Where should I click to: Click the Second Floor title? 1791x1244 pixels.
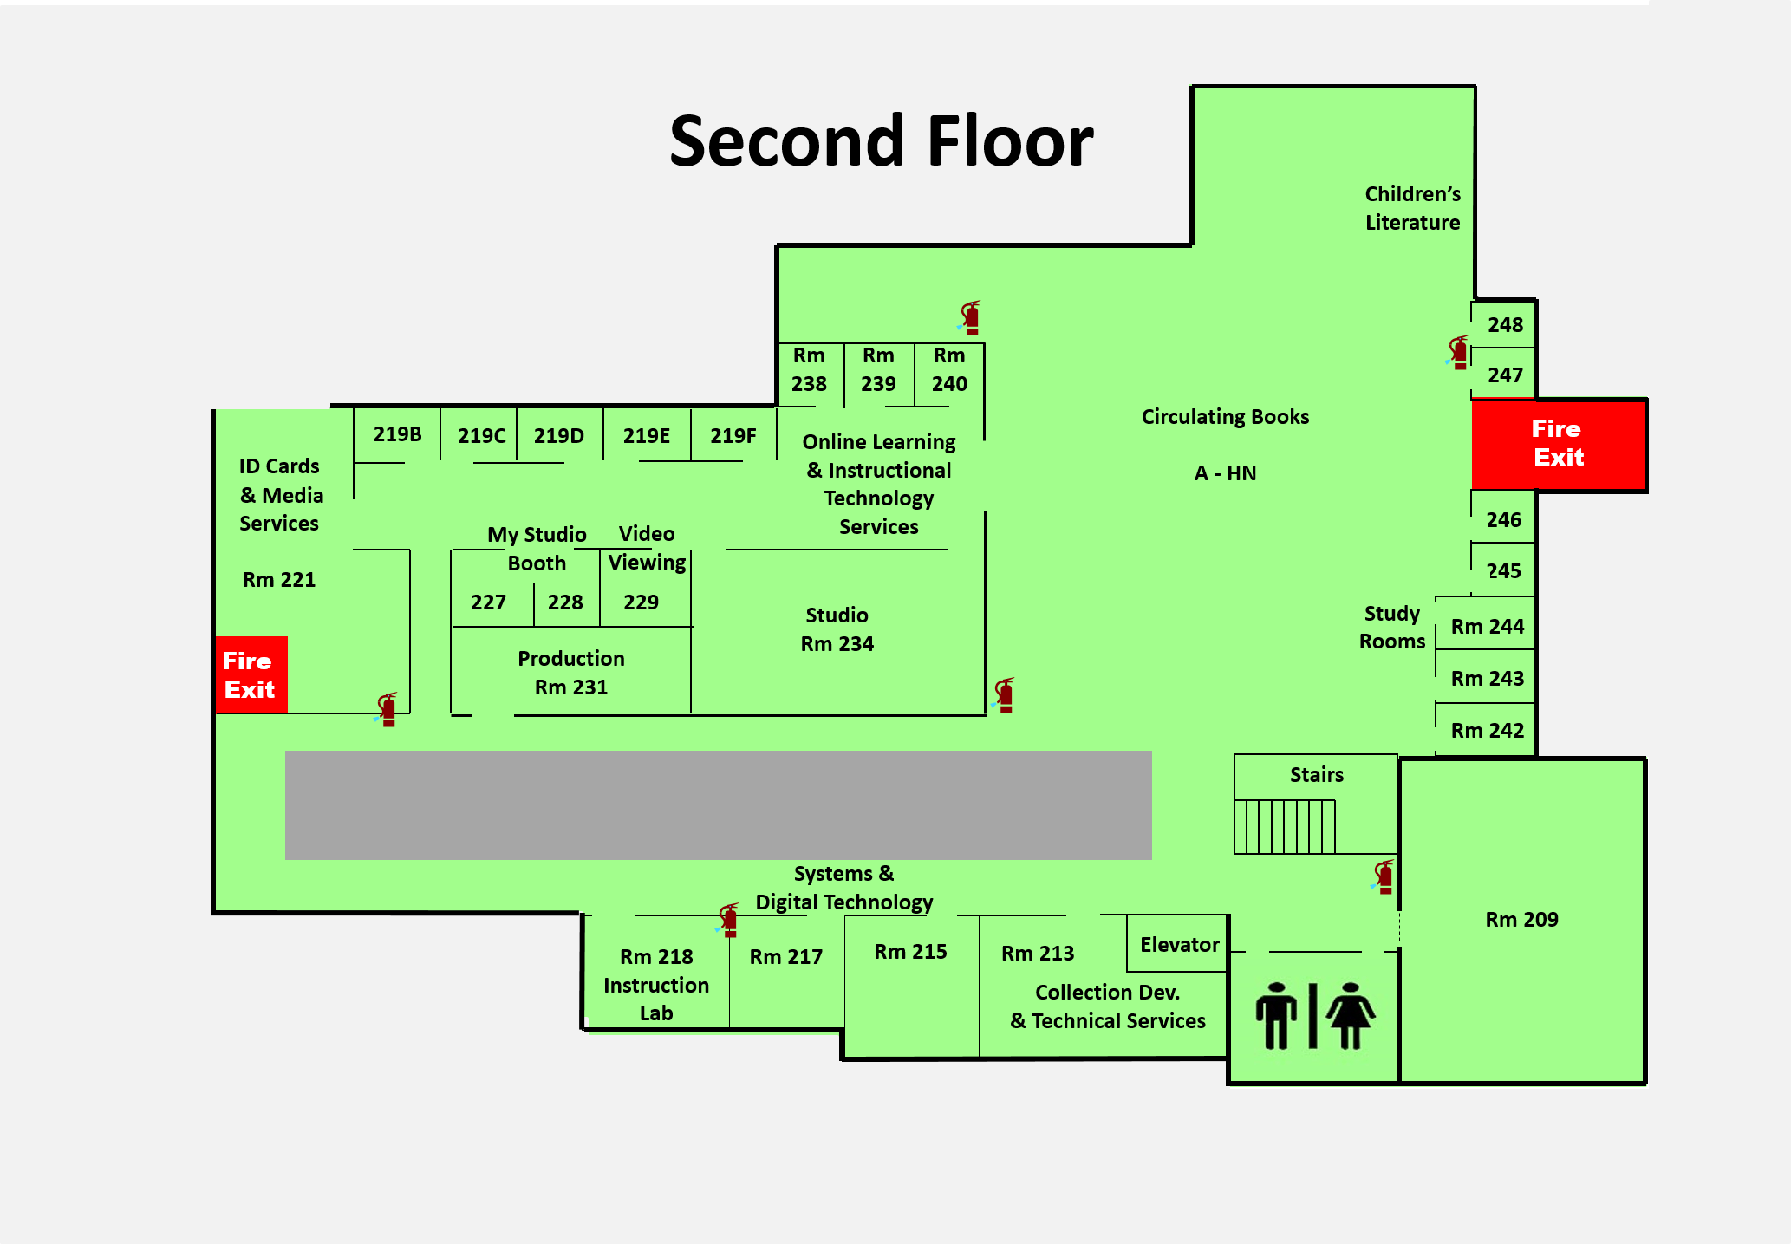(x=881, y=141)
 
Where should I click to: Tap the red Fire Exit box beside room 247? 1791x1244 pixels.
(x=1558, y=444)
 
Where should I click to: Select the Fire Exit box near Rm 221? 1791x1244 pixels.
(x=251, y=674)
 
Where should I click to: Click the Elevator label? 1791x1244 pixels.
(x=1179, y=944)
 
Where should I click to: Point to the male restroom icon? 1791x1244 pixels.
(x=1276, y=1015)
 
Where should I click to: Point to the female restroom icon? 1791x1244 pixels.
(x=1351, y=1015)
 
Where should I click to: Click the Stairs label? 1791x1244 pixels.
(x=1316, y=774)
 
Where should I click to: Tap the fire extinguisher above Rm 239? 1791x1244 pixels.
(x=971, y=318)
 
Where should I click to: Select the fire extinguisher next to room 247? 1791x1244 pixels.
(x=1459, y=353)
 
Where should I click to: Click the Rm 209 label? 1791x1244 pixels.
(x=1521, y=919)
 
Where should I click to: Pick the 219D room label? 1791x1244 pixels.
(x=558, y=435)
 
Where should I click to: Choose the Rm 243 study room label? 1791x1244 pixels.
(x=1487, y=678)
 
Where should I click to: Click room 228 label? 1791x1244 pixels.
(x=565, y=602)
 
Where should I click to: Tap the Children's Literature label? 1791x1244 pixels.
(x=1412, y=208)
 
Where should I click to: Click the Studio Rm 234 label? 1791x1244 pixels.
(x=837, y=629)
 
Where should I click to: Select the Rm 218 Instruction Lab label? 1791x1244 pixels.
(x=656, y=984)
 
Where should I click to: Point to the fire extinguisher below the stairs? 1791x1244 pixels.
(x=1384, y=876)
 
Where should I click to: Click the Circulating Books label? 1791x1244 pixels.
(x=1224, y=417)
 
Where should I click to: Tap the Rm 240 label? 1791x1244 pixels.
(x=949, y=369)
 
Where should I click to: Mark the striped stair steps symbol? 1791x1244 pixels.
(x=1285, y=826)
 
